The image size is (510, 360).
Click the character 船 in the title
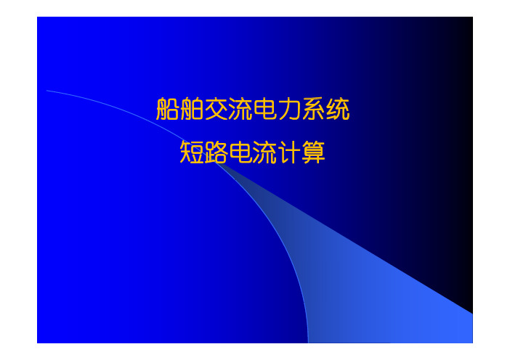pyautogui.click(x=168, y=109)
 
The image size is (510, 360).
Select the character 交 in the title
pyautogui.click(x=216, y=109)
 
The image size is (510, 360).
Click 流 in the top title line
pyautogui.click(x=240, y=109)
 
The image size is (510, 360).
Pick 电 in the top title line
pyautogui.click(x=265, y=109)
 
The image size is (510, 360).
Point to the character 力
pyautogui.click(x=289, y=109)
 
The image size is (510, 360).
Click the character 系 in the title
pyautogui.click(x=314, y=109)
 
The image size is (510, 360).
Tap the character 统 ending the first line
pyautogui.click(x=339, y=109)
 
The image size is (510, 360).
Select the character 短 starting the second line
pyautogui.click(x=192, y=152)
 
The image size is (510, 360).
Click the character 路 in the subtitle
pyautogui.click(x=216, y=152)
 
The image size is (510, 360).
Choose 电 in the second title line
pyautogui.click(x=240, y=152)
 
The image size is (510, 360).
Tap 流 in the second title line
pyautogui.click(x=265, y=152)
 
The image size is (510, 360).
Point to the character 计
pyautogui.click(x=289, y=152)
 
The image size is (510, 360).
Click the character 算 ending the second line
pyautogui.click(x=314, y=152)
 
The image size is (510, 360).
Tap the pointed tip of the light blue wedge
pyautogui.click(x=216, y=163)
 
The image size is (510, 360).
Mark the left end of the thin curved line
pyautogui.click(x=47, y=91)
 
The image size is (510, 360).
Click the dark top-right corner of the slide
pyautogui.click(x=472, y=17)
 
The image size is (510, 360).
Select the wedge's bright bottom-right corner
pyautogui.click(x=472, y=343)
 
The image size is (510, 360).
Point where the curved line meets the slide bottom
pyautogui.click(x=308, y=343)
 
